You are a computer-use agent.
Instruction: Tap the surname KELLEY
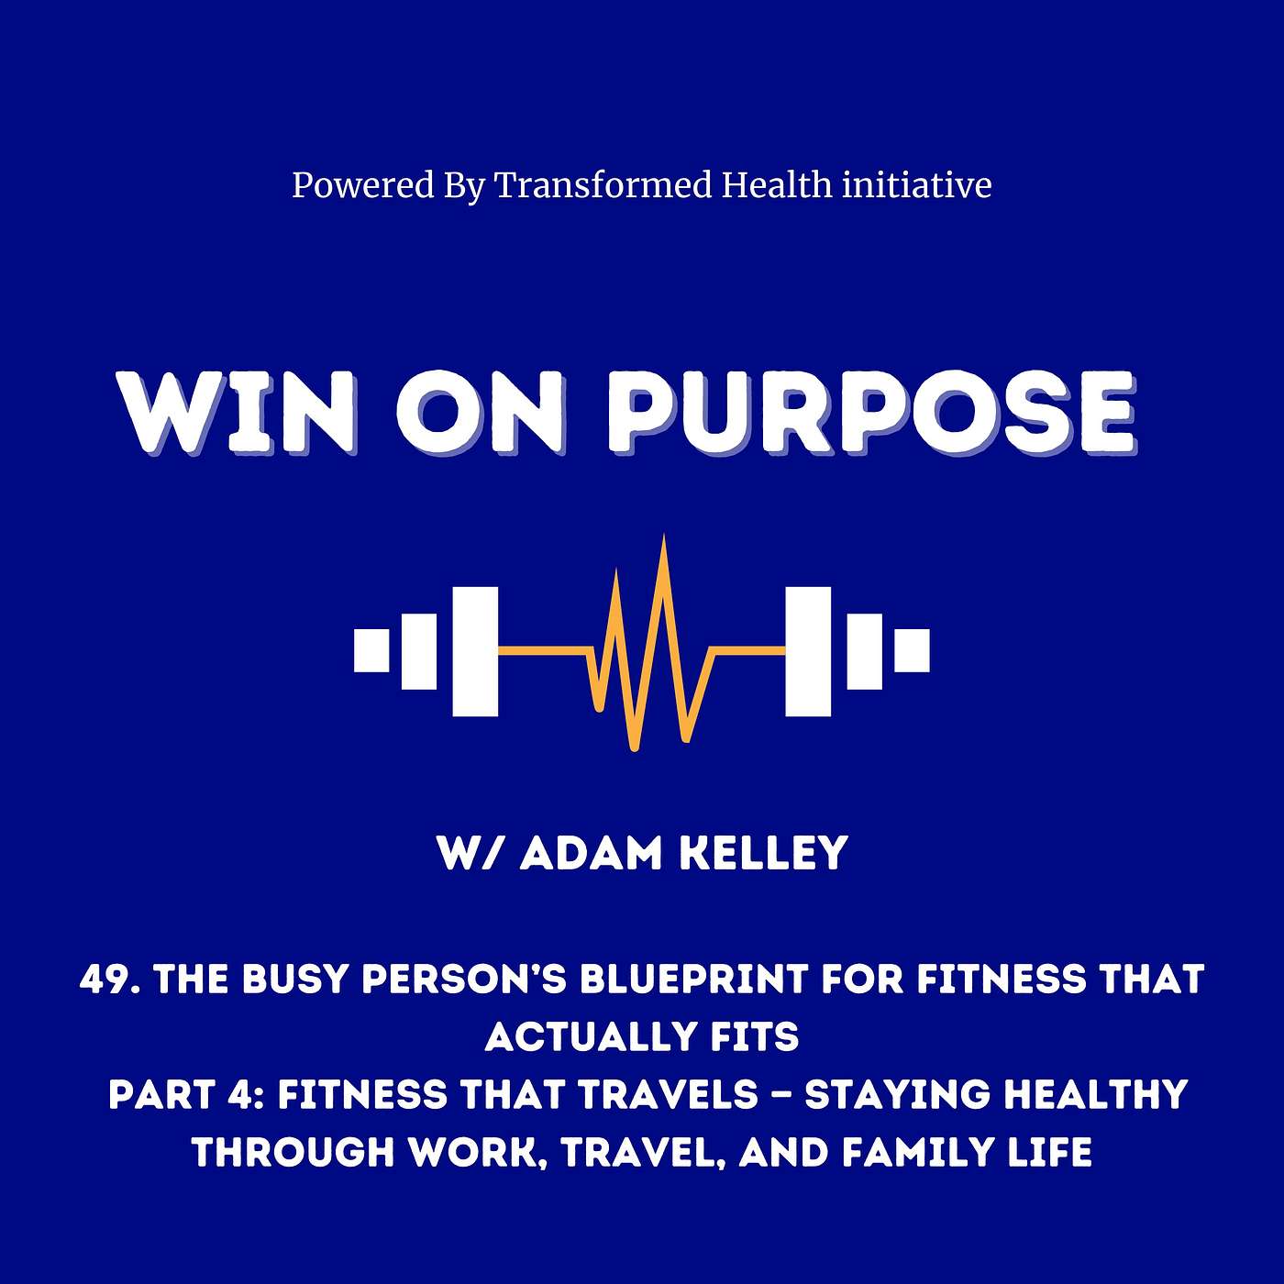pos(763,854)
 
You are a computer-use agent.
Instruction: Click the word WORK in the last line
pos(475,1153)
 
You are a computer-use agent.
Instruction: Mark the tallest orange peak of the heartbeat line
pos(664,537)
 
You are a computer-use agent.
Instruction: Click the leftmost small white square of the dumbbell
pos(371,649)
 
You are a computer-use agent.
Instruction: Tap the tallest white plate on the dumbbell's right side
pos(808,651)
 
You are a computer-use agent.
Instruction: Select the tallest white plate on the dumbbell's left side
pos(475,651)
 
